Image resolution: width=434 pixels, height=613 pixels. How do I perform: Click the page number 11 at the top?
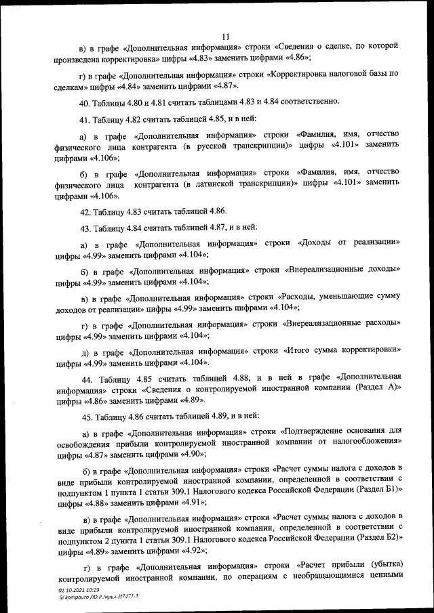tap(226, 36)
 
